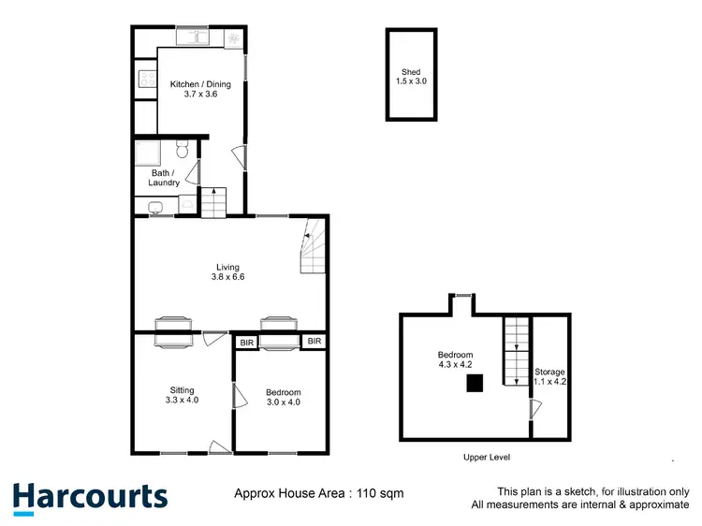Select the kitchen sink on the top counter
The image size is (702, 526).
pyautogui.click(x=197, y=37)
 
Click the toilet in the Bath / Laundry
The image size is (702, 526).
pyautogui.click(x=184, y=149)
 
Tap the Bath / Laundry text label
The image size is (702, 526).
pyautogui.click(x=165, y=178)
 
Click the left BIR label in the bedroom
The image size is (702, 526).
pyautogui.click(x=247, y=343)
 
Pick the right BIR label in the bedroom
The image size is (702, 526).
pyautogui.click(x=314, y=343)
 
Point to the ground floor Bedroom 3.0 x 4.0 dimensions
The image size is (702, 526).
pyautogui.click(x=283, y=402)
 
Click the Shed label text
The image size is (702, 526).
pyautogui.click(x=411, y=72)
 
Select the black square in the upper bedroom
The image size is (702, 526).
pyautogui.click(x=476, y=382)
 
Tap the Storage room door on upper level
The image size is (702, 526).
pyautogui.click(x=534, y=410)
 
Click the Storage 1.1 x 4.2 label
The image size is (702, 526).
pyautogui.click(x=550, y=377)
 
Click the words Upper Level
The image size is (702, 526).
pyautogui.click(x=487, y=457)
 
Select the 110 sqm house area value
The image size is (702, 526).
pyautogui.click(x=384, y=493)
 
